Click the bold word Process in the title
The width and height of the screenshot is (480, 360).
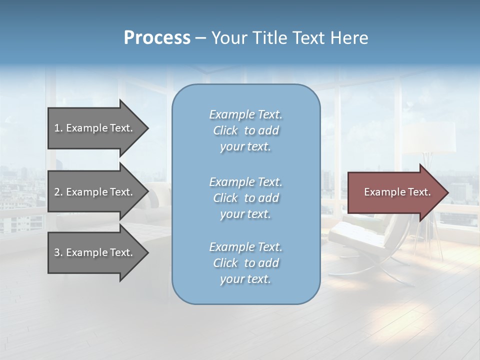click(157, 38)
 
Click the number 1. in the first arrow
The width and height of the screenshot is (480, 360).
click(58, 128)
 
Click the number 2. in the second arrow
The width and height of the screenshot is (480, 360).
click(58, 192)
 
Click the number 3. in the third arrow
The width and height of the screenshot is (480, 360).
click(58, 252)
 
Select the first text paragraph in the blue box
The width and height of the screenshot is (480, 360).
click(245, 130)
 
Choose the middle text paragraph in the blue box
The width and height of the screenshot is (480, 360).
click(245, 198)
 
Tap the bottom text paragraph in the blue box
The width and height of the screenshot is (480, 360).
click(245, 263)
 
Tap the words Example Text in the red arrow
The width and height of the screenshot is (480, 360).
click(397, 192)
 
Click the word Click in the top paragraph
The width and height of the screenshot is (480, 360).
click(225, 130)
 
